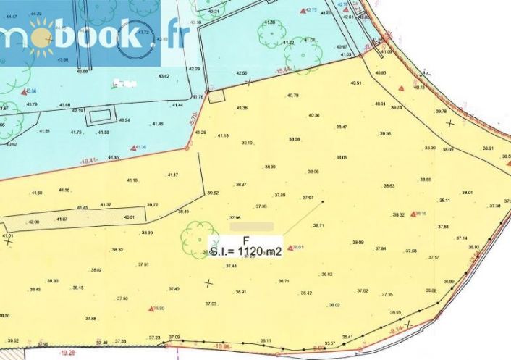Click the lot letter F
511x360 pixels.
pyautogui.click(x=246, y=240)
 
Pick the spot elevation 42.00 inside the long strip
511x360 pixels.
pyautogui.click(x=34, y=222)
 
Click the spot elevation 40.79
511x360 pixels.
pyautogui.click(x=292, y=96)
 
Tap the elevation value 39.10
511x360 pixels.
pyautogui.click(x=247, y=143)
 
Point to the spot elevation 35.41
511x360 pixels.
pyautogui.click(x=348, y=337)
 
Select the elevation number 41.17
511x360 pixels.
pyautogui.click(x=173, y=175)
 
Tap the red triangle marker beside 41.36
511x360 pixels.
pyautogui.click(x=133, y=147)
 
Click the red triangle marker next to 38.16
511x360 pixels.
pyautogui.click(x=413, y=214)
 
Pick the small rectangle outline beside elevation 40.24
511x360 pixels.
pyautogui.click(x=100, y=116)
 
